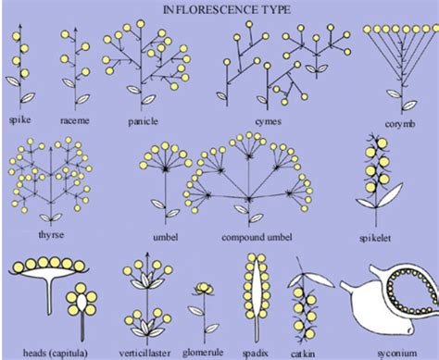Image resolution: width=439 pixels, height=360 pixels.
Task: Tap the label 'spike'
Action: click(19, 120)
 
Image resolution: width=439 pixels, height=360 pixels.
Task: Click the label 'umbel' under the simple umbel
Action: click(165, 236)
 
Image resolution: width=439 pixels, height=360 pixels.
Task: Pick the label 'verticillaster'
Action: click(144, 352)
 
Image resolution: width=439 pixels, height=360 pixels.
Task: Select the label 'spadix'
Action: click(254, 352)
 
